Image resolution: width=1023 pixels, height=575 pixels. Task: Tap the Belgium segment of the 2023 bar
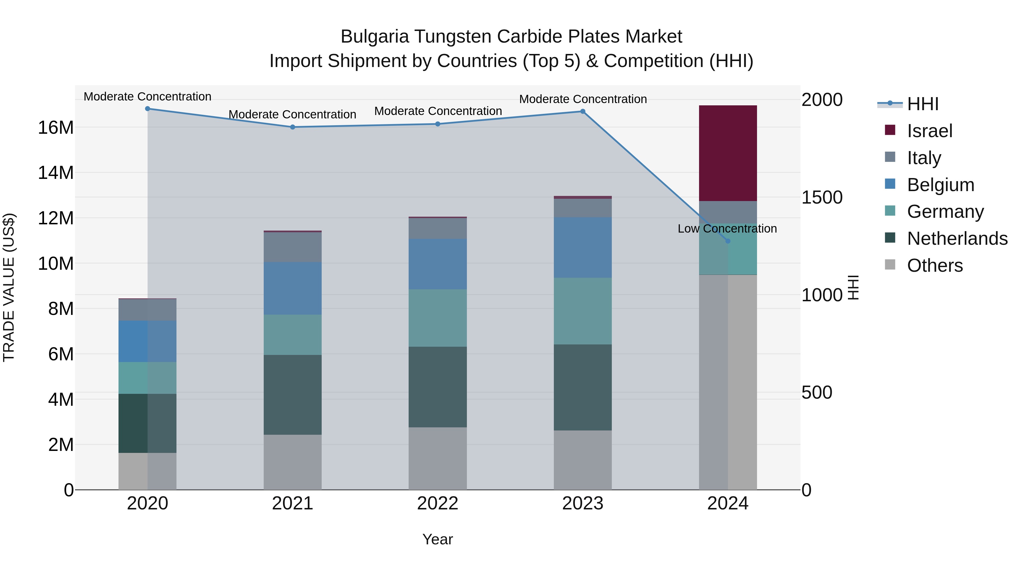click(583, 247)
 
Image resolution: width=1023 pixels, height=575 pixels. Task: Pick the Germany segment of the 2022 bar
click(438, 318)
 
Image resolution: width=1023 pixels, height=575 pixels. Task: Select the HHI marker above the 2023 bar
click(583, 112)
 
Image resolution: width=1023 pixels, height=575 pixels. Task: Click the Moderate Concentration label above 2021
click(292, 114)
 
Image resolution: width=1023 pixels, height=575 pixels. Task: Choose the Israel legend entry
click(929, 131)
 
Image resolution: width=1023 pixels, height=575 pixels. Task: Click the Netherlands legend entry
click(957, 239)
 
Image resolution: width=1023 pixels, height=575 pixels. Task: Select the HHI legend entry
click(922, 104)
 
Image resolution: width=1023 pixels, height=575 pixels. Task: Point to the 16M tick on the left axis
click(56, 128)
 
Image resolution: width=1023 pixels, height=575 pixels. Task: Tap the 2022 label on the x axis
click(438, 503)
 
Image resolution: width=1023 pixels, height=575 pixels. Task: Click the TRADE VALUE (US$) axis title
click(9, 287)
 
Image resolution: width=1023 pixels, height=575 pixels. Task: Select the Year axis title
click(438, 539)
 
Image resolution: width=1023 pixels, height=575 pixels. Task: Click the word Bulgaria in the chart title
click(375, 37)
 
